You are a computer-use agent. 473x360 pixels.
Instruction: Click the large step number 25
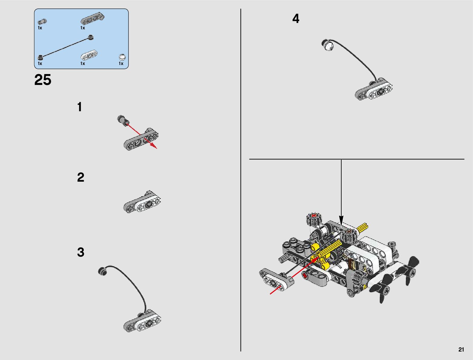click(43, 80)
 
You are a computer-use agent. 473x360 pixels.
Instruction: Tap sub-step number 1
click(79, 107)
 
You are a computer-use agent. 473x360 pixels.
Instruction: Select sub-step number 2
click(80, 177)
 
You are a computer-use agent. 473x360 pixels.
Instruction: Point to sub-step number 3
click(80, 252)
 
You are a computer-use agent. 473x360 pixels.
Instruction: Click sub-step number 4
click(296, 19)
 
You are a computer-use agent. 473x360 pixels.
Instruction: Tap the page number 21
click(461, 350)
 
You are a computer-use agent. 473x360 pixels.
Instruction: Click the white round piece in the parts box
click(122, 57)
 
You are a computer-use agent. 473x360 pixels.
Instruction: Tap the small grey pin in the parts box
click(42, 22)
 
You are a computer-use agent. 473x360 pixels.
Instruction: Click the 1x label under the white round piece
click(121, 63)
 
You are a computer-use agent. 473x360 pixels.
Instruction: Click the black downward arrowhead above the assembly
click(341, 220)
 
